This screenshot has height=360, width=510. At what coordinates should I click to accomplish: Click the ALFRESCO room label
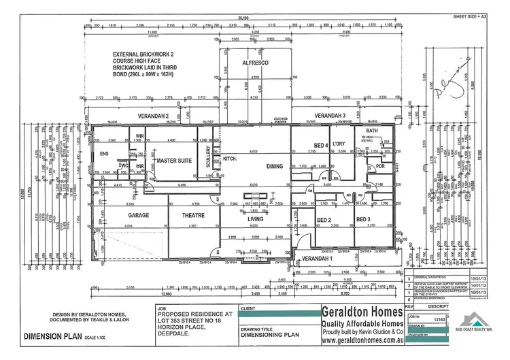(254, 62)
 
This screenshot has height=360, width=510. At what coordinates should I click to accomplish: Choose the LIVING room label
(256, 218)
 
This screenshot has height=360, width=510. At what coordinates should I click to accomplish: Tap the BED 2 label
(324, 220)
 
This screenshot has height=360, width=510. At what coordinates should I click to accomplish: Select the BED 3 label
(363, 220)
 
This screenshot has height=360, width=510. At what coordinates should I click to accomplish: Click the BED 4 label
(321, 145)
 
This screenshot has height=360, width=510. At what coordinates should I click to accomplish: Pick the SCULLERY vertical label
(208, 157)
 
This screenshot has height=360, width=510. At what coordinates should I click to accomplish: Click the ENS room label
(104, 154)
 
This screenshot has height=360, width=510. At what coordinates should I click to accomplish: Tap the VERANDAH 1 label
(318, 259)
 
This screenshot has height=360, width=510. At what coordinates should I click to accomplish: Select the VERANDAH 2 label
(154, 116)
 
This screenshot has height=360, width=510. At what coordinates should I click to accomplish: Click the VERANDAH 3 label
(330, 116)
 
